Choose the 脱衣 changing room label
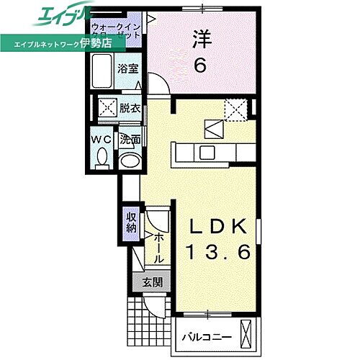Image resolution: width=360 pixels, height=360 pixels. (x=130, y=109)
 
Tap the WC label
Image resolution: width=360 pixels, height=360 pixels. (x=101, y=139)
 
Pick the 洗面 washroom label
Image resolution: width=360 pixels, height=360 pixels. (x=130, y=139)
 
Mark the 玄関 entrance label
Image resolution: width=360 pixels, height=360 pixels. (x=151, y=282)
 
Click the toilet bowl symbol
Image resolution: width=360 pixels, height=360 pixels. (x=102, y=157)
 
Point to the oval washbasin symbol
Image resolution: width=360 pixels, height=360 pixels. (x=130, y=161)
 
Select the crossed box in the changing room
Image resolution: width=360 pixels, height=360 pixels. (x=107, y=109)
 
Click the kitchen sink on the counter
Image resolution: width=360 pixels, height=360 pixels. (x=207, y=152)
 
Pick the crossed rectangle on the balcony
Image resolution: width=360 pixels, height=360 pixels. (x=247, y=336)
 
